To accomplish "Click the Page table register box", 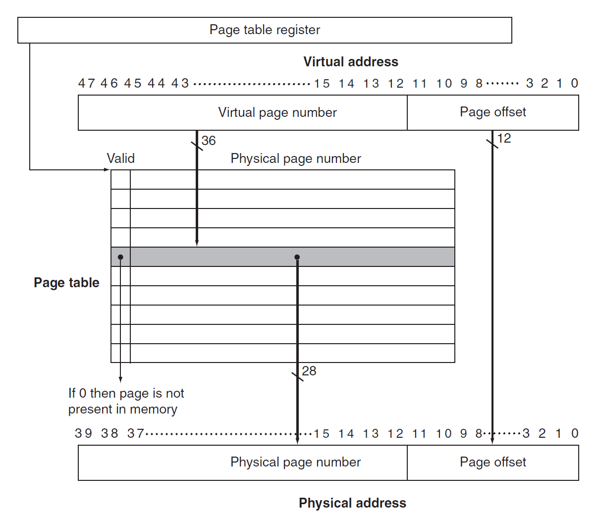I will (265, 30).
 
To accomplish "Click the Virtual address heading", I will (351, 62).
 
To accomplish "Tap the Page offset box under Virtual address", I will (492, 112).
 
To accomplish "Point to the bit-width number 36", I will (209, 141).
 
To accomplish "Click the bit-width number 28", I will (309, 371).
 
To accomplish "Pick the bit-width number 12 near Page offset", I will (504, 138).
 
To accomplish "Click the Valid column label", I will (120, 158).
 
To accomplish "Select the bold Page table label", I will (66, 283).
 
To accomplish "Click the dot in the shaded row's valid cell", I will (120, 257).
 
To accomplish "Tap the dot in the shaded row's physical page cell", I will (297, 257).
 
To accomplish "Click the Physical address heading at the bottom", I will (352, 503).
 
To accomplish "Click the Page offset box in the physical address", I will (492, 463).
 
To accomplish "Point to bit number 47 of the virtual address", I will (86, 83).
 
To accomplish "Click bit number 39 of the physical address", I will (83, 433).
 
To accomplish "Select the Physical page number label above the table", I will (296, 158).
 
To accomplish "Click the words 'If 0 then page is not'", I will (126, 393).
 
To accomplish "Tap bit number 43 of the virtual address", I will (180, 83).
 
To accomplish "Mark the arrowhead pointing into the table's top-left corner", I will (108, 170).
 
